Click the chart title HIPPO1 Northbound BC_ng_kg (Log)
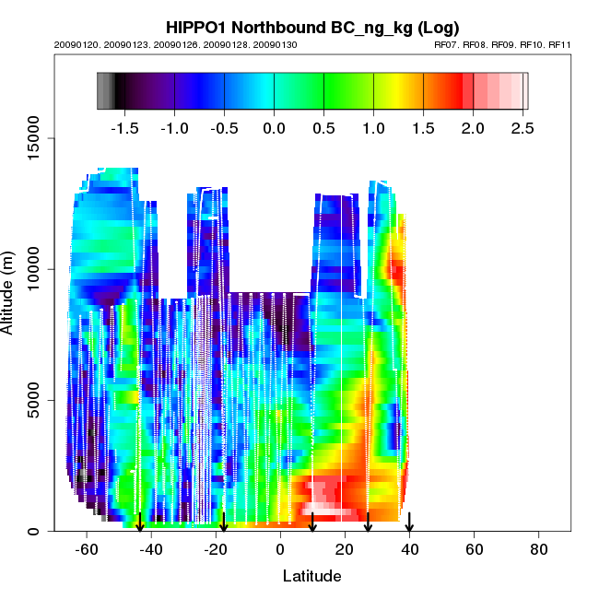click(x=312, y=27)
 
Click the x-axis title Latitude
click(x=311, y=576)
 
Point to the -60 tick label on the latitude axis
click(x=87, y=550)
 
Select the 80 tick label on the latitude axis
click(x=538, y=550)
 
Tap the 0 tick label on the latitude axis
click(x=280, y=550)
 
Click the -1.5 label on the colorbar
click(x=123, y=127)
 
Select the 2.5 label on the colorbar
click(x=521, y=127)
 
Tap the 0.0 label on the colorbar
click(x=274, y=127)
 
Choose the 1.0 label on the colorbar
click(x=373, y=127)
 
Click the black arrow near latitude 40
click(x=409, y=523)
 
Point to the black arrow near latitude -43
click(x=140, y=523)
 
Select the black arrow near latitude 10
click(x=312, y=523)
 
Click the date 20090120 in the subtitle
click(x=74, y=45)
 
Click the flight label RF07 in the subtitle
click(x=447, y=45)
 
